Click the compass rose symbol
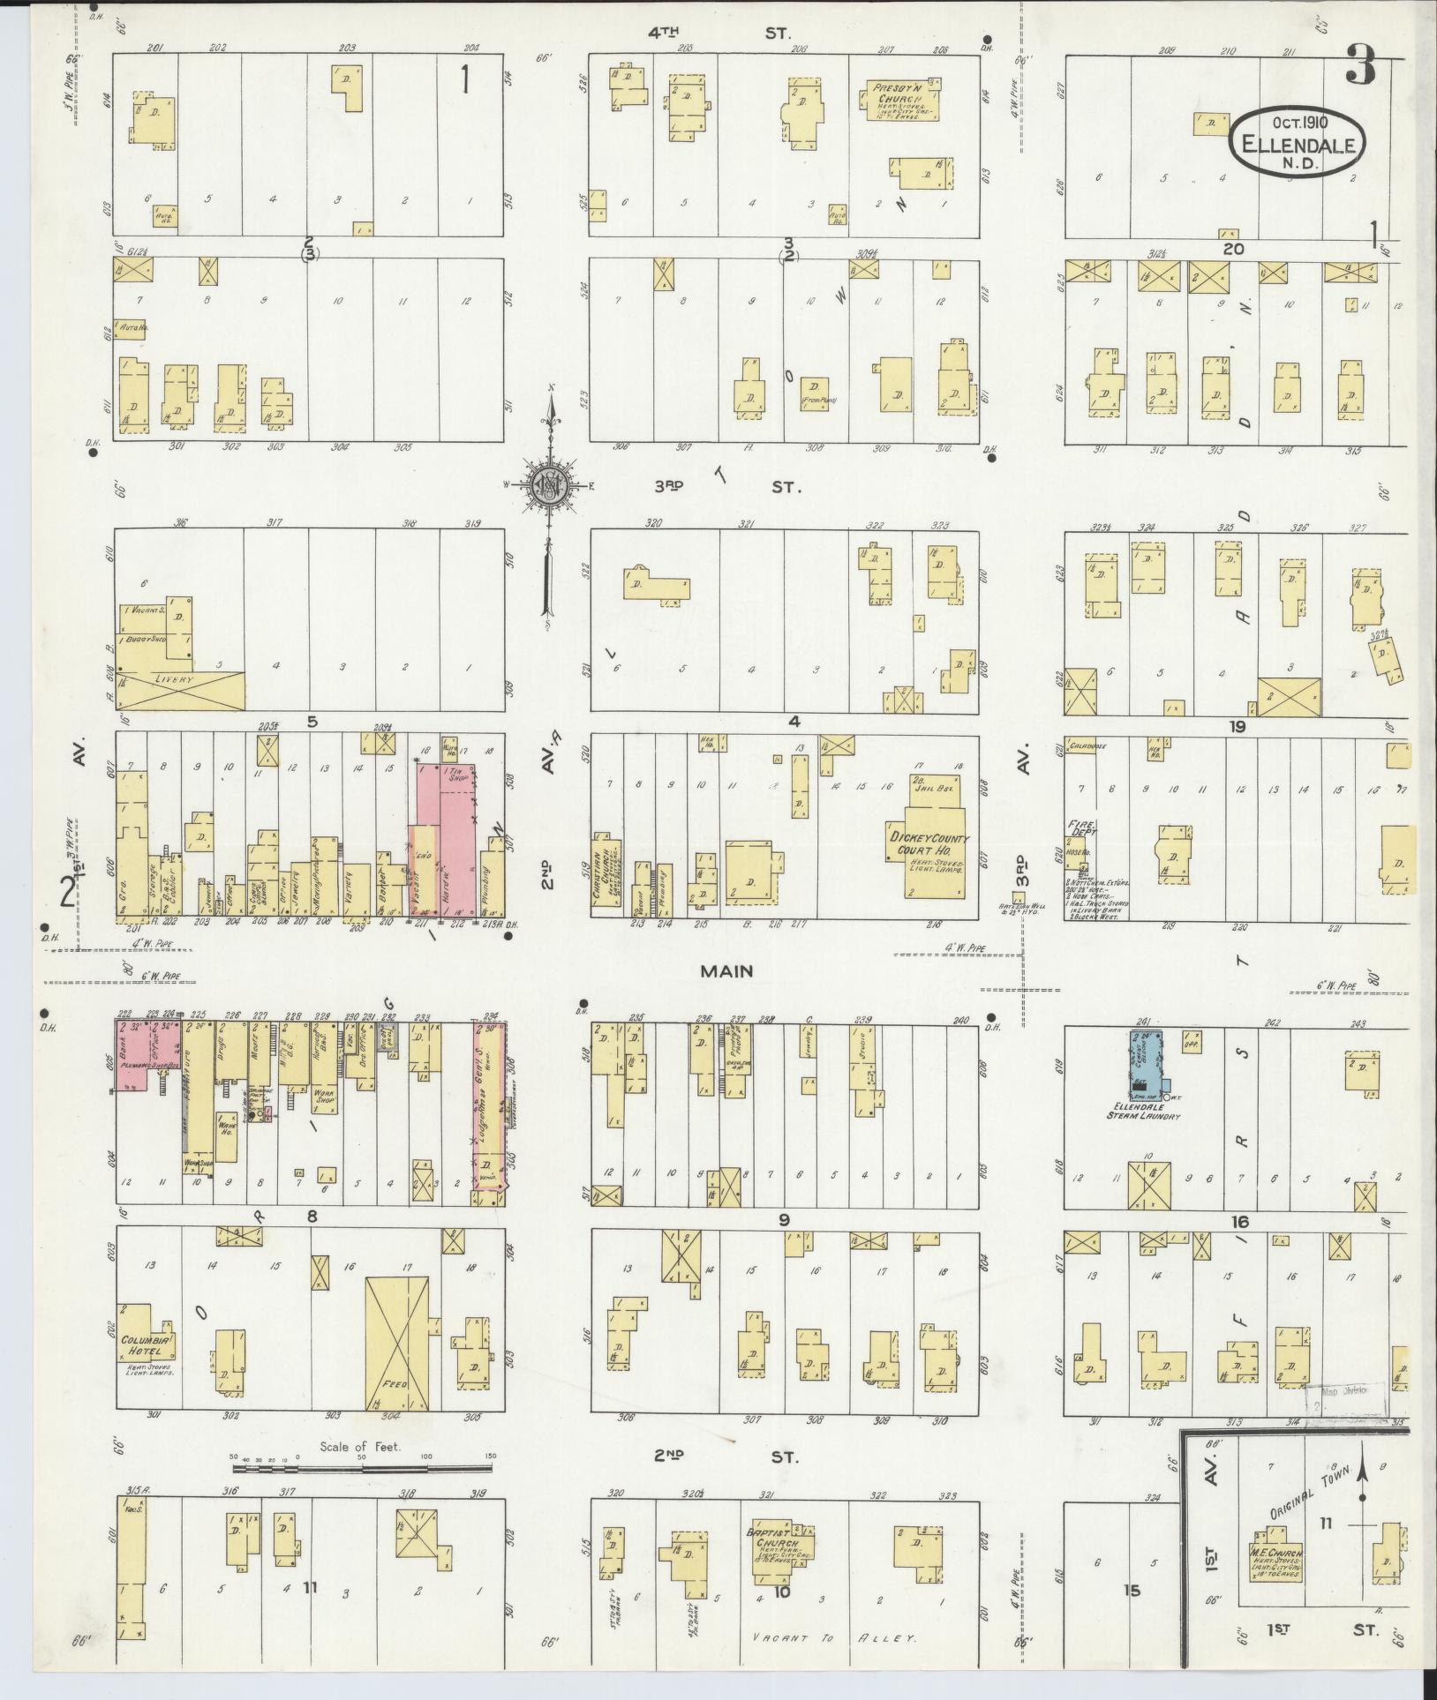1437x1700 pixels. click(x=551, y=483)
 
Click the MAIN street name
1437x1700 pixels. click(x=726, y=970)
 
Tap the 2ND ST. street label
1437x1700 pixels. click(x=726, y=1457)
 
